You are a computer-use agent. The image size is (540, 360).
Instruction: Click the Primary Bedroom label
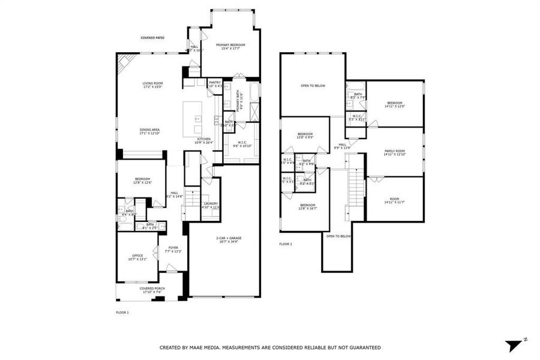tap(230, 45)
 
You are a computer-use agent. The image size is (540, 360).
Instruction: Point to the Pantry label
tap(215, 82)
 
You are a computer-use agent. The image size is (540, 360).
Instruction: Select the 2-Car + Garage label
tap(227, 239)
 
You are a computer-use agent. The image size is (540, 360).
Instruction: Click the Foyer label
tap(173, 247)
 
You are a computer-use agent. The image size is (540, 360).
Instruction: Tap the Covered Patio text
tap(152, 38)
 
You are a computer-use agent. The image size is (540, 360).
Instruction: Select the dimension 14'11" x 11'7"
tap(394, 202)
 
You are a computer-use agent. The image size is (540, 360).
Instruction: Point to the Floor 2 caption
tap(286, 244)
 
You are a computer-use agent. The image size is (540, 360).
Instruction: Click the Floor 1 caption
tap(122, 313)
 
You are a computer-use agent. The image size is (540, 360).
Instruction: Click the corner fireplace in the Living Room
tap(125, 61)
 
